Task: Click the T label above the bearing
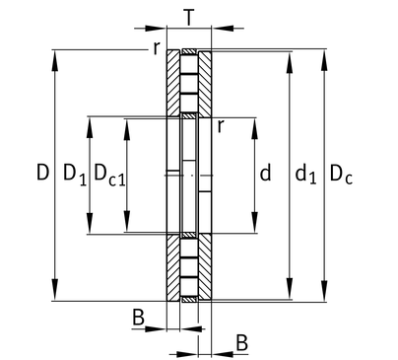pyautogui.click(x=189, y=17)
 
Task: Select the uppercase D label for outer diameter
pyautogui.click(x=42, y=173)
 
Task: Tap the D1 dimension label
pyautogui.click(x=75, y=175)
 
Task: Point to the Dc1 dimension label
pyautogui.click(x=109, y=175)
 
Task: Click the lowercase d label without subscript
pyautogui.click(x=265, y=173)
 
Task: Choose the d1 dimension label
pyautogui.click(x=305, y=175)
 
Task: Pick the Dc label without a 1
pyautogui.click(x=341, y=175)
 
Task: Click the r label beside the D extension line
pyautogui.click(x=157, y=48)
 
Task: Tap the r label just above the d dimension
pyautogui.click(x=221, y=126)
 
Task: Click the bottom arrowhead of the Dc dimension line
pyautogui.click(x=324, y=290)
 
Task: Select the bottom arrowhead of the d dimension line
pyautogui.click(x=254, y=223)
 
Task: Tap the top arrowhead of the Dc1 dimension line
pyautogui.click(x=127, y=128)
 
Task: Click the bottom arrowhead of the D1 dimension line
pyautogui.click(x=90, y=223)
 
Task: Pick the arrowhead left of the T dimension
pyautogui.click(x=156, y=29)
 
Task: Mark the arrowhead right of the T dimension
pyautogui.click(x=223, y=29)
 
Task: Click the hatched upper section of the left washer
pyautogui.click(x=173, y=83)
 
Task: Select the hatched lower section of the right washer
pyautogui.click(x=205, y=266)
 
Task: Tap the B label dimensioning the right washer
pyautogui.click(x=241, y=343)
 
